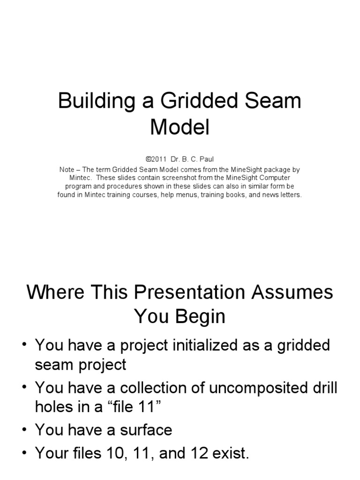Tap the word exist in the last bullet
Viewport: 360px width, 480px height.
coord(228,453)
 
